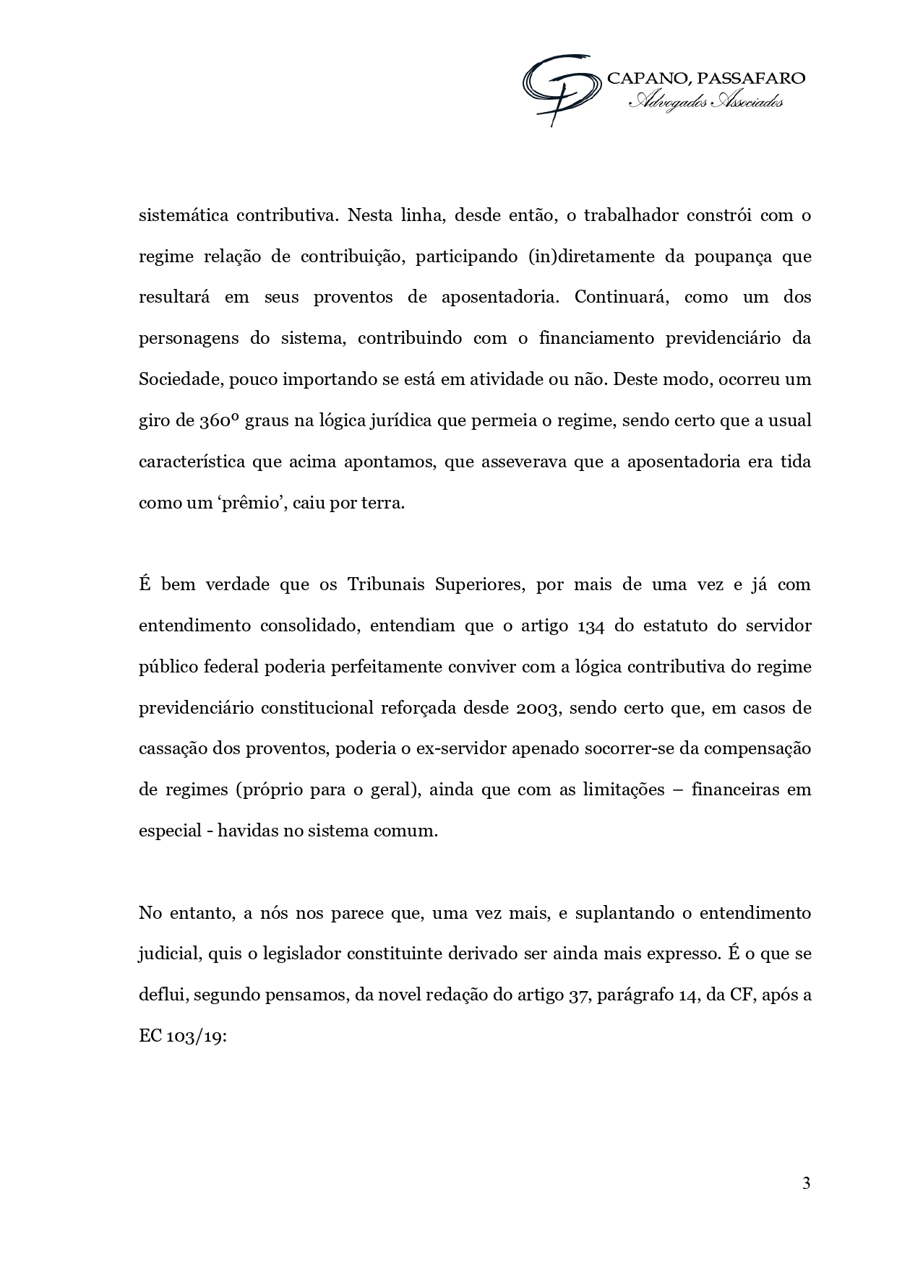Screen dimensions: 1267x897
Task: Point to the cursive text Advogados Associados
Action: [x=705, y=103]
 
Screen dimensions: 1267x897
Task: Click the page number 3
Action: [x=806, y=1183]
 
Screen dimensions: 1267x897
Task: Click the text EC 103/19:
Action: [x=182, y=1036]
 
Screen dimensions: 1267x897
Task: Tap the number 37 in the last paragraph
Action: [x=575, y=995]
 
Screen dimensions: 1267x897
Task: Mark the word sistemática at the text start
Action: [x=184, y=215]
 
